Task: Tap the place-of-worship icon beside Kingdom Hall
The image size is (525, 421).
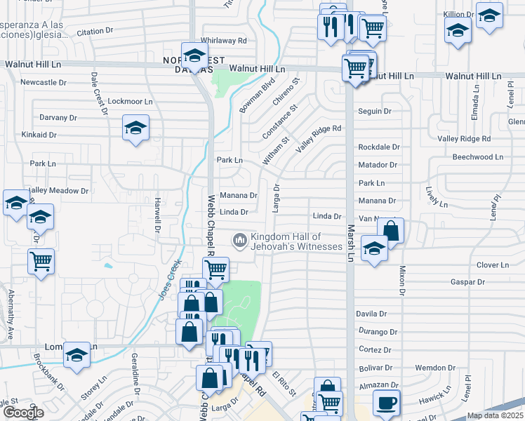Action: (240, 241)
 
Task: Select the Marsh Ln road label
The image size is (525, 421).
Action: (350, 243)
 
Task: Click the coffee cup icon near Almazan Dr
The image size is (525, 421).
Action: (385, 403)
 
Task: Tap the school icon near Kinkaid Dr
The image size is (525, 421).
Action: (135, 128)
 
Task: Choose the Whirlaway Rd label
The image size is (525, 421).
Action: (223, 41)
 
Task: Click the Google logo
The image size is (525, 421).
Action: (22, 413)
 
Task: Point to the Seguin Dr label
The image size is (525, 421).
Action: (374, 112)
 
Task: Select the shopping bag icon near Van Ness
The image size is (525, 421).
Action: (391, 229)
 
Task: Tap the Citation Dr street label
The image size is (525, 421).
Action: (95, 32)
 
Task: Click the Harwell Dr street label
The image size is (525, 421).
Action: (158, 216)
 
